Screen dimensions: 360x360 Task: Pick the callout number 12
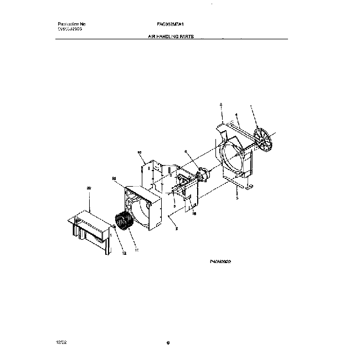[x=124, y=253]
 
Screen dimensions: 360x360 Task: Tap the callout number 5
[x=237, y=197]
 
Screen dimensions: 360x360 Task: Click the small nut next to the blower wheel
[x=114, y=226]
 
